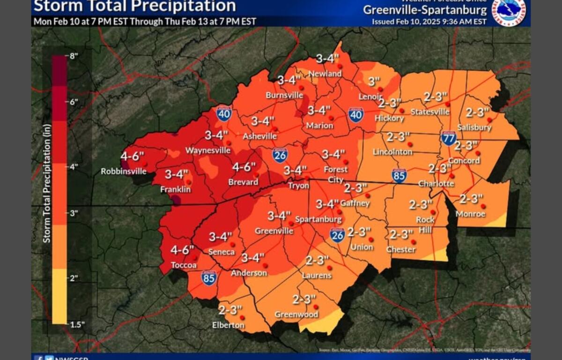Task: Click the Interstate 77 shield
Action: pyautogui.click(x=448, y=138)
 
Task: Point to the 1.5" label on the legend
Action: pyautogui.click(x=74, y=323)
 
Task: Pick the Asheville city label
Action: pyautogui.click(x=259, y=136)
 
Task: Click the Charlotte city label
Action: pyautogui.click(x=436, y=183)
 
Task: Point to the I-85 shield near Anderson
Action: pyautogui.click(x=209, y=278)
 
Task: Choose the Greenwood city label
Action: pyautogui.click(x=296, y=315)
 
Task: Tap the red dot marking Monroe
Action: pyautogui.click(x=483, y=206)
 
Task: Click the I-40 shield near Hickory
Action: pyautogui.click(x=356, y=114)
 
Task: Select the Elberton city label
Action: pyautogui.click(x=228, y=325)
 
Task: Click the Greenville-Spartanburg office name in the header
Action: pyautogui.click(x=425, y=10)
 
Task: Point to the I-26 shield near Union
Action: pyautogui.click(x=337, y=235)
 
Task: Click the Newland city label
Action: pyautogui.click(x=325, y=74)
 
